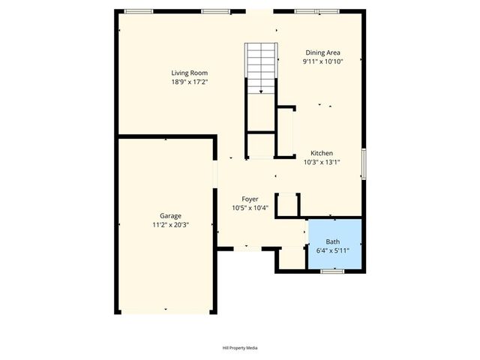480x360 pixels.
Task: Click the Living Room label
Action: (x=189, y=73)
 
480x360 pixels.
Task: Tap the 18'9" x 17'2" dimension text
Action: (x=189, y=82)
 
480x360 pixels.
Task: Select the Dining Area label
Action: (x=322, y=52)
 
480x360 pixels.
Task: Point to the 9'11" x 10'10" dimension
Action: (x=322, y=61)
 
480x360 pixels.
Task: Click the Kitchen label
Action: (x=322, y=153)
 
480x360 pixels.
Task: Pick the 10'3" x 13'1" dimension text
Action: (x=322, y=162)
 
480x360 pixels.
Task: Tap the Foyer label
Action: (x=250, y=199)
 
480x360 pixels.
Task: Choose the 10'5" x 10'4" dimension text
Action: (x=250, y=208)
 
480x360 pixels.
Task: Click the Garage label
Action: (x=170, y=215)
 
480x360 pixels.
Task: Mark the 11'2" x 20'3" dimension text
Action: (x=170, y=224)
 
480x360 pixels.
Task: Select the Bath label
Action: (x=332, y=241)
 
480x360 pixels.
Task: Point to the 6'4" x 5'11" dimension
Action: (x=332, y=250)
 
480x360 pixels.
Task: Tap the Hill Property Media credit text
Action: (x=240, y=348)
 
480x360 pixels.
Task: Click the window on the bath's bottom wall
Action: (x=332, y=271)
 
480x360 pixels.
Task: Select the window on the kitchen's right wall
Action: (x=364, y=163)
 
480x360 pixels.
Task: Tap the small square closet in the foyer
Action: (x=288, y=205)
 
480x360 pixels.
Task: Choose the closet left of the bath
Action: (x=290, y=258)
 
